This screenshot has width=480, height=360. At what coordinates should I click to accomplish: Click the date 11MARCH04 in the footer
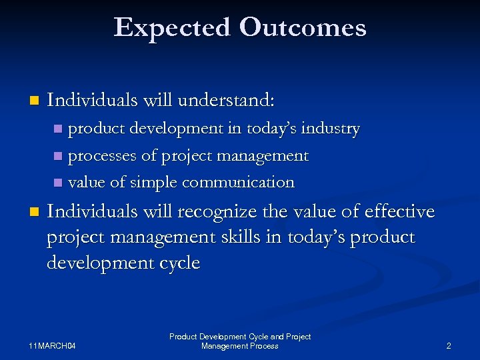click(53, 346)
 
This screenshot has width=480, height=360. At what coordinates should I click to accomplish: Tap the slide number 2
click(449, 346)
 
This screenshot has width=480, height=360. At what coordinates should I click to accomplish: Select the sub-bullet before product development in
click(58, 129)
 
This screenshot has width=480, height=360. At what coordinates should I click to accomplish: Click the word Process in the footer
click(264, 346)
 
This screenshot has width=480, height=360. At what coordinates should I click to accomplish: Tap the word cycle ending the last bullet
click(177, 263)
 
